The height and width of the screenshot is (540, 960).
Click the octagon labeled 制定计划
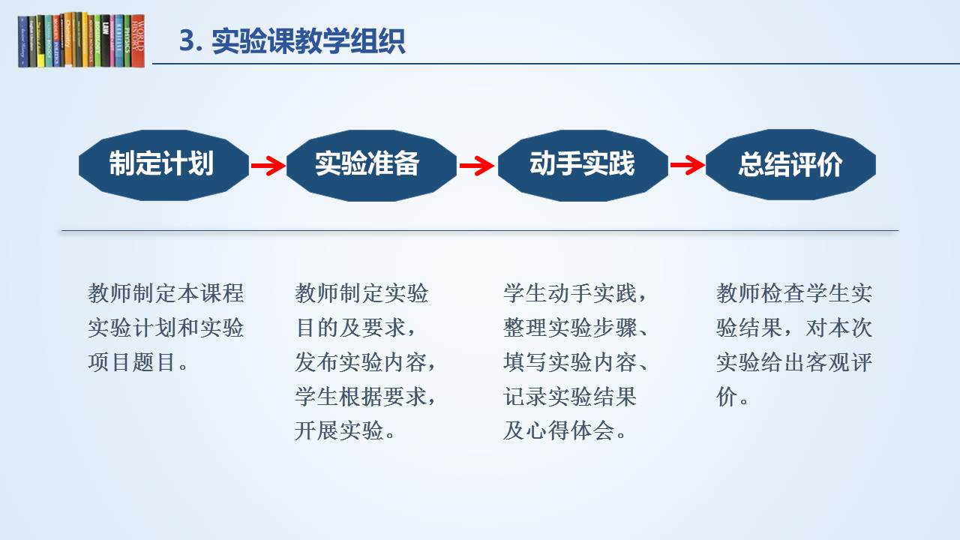pos(163,165)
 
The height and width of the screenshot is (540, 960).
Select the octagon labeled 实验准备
pos(371,165)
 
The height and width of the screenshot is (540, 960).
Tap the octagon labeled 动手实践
pos(583,165)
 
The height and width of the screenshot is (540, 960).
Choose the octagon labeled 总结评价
pos(790,165)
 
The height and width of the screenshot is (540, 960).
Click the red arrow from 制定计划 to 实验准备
pos(268,166)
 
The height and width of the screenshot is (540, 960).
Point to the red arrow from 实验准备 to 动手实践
pos(476,166)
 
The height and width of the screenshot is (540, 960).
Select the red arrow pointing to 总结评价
pos(686,166)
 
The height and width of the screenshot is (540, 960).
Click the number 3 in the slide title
pos(187,41)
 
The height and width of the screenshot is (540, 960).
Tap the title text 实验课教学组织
pos(308,41)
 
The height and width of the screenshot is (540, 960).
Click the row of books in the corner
pos(81,40)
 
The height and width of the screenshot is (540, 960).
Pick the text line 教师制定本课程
pos(166,292)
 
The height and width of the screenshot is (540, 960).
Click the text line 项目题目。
pos(138,363)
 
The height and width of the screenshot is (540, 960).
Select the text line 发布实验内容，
pos(365,363)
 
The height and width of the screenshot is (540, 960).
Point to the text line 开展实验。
pos(346,431)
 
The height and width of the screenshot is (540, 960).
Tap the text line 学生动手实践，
pos(574,292)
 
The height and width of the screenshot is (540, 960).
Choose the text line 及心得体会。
pos(565,431)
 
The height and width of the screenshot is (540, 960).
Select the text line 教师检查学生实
pos(794,292)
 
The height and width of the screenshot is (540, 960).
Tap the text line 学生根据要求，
pos(365,397)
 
